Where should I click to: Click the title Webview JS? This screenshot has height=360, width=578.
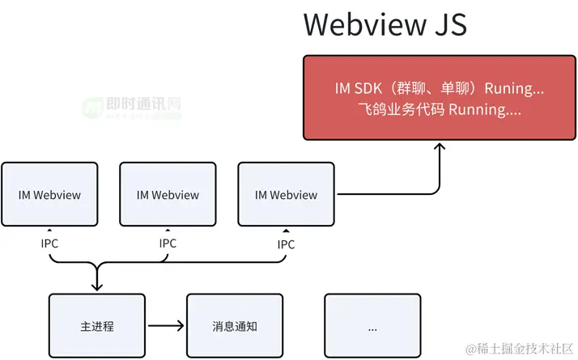click(x=385, y=24)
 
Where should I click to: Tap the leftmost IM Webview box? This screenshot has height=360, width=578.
click(x=49, y=195)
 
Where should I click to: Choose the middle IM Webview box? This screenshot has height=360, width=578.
click(x=168, y=195)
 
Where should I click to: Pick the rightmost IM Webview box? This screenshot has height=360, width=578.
click(x=286, y=195)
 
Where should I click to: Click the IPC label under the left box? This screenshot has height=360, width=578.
click(x=49, y=243)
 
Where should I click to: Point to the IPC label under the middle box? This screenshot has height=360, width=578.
click(x=168, y=243)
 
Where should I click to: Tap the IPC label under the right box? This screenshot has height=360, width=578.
click(x=286, y=244)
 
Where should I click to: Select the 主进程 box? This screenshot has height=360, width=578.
click(x=97, y=327)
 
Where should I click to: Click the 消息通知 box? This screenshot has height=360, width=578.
click(x=236, y=327)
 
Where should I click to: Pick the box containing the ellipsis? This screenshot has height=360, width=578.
click(x=372, y=327)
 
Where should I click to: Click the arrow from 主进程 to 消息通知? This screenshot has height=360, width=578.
click(x=166, y=327)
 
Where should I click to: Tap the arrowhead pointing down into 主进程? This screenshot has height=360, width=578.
click(x=97, y=286)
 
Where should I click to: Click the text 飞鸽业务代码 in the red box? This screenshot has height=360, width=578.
click(x=399, y=108)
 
